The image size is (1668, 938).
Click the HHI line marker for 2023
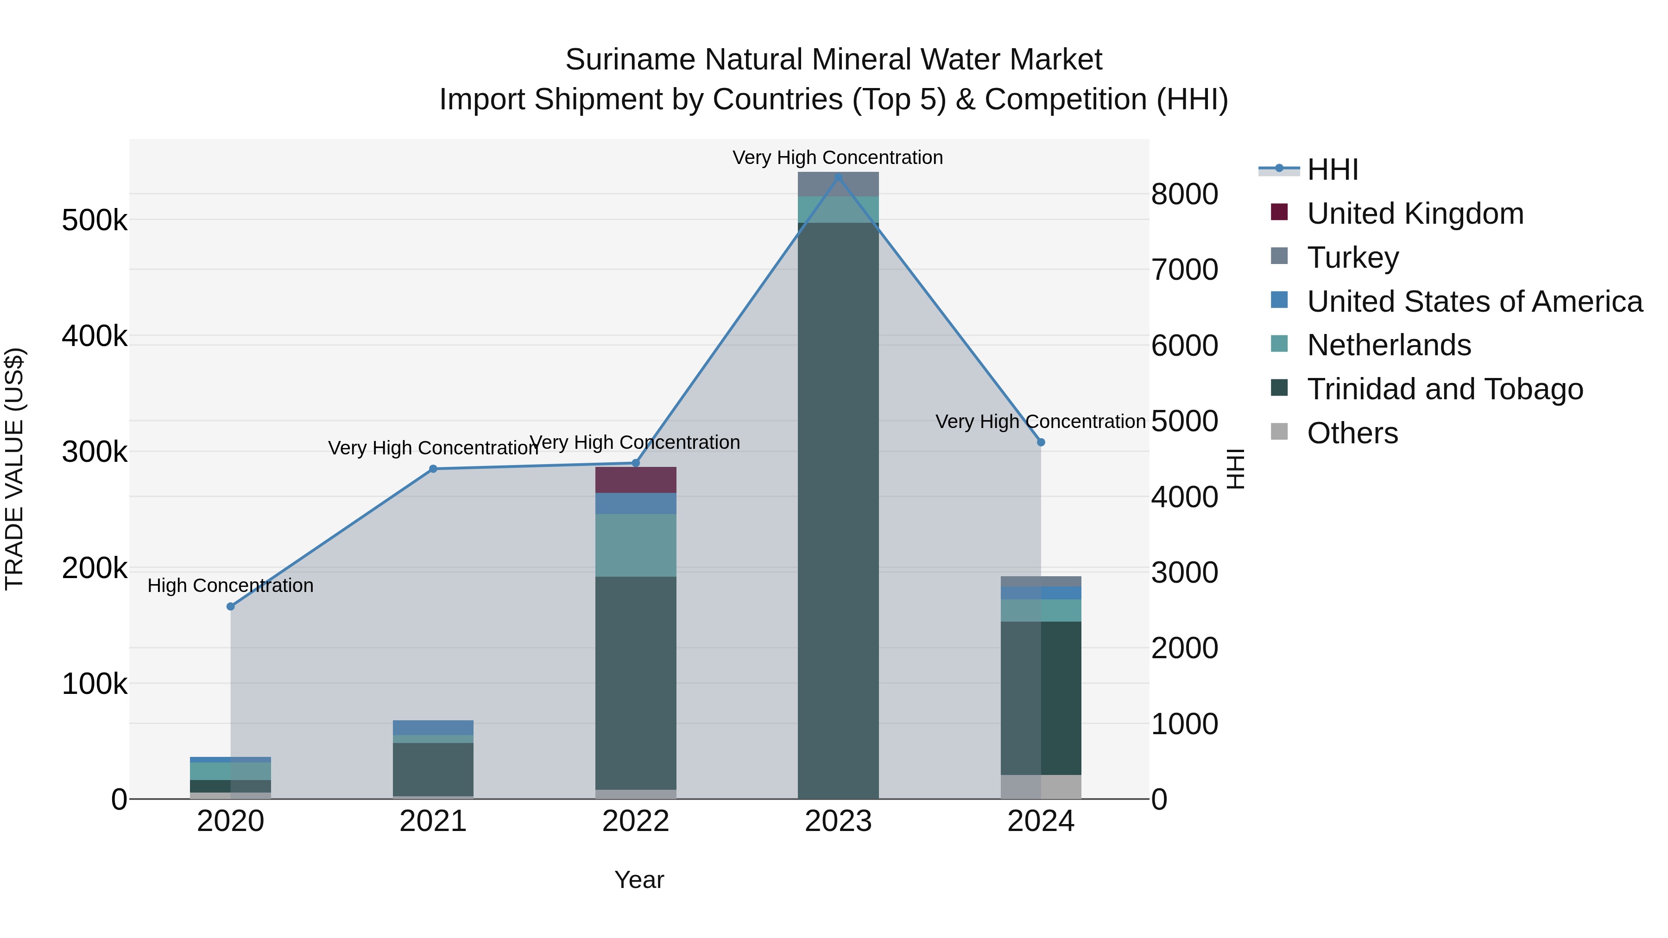pos(838,177)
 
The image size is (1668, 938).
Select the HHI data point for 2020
pos(231,606)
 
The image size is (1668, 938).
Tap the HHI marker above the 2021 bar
pos(433,469)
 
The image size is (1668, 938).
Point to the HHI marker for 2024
pos(1041,442)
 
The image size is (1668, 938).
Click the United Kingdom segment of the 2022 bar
pos(636,480)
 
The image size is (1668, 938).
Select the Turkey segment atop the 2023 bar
pos(838,184)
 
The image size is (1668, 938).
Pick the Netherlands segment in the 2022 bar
pos(636,545)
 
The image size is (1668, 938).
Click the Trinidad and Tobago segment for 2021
pos(433,769)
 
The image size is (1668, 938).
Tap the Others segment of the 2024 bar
pos(1041,787)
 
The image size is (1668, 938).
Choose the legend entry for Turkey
pos(1352,257)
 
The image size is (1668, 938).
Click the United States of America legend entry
pos(1474,301)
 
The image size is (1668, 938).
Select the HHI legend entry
pos(1332,170)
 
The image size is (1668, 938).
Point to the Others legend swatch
pos(1279,431)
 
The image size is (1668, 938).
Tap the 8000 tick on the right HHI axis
pos(1184,194)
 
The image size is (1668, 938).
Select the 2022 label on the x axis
pos(636,821)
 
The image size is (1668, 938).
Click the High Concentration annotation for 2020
pos(231,585)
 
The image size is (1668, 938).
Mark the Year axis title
pos(639,880)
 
